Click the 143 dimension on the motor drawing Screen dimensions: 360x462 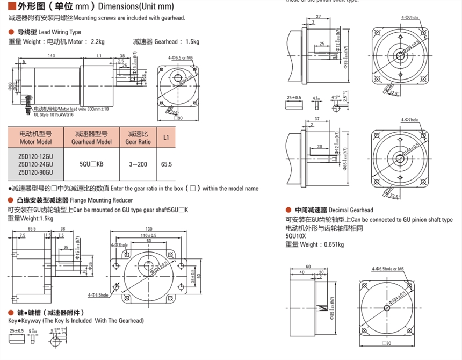point(52,56)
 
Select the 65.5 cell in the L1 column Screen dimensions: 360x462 point(166,164)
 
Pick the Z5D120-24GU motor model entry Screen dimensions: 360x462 point(35,164)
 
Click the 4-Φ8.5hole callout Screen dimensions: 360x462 point(98,295)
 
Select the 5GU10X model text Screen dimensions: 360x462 point(295,236)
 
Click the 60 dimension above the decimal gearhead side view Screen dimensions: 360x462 point(308,267)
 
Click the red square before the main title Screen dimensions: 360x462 point(11,6)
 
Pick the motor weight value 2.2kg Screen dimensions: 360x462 point(97,41)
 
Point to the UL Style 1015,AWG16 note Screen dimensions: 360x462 point(54,114)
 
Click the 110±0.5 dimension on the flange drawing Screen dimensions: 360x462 point(147,236)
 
